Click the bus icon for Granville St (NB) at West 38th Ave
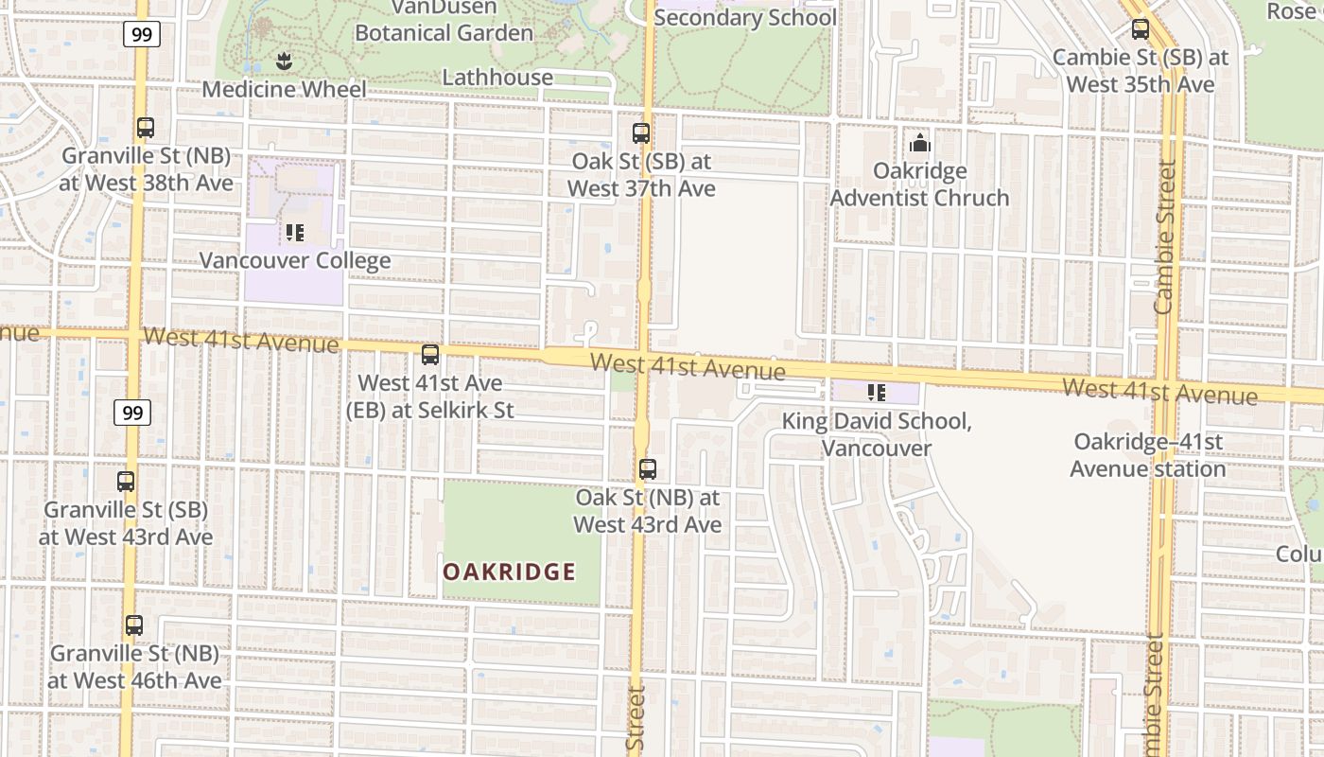pyautogui.click(x=146, y=128)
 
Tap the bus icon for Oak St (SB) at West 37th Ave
pyautogui.click(x=641, y=133)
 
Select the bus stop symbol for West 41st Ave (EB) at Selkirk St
pyautogui.click(x=430, y=355)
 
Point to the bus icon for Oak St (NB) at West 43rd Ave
pyautogui.click(x=648, y=469)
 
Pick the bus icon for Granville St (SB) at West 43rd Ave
pyautogui.click(x=126, y=482)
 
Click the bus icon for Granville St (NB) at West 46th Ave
pyautogui.click(x=134, y=625)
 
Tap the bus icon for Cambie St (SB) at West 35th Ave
pyautogui.click(x=1141, y=29)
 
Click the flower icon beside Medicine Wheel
pyautogui.click(x=283, y=62)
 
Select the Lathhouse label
pyautogui.click(x=497, y=78)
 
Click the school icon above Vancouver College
pyautogui.click(x=294, y=232)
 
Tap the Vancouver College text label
pyautogui.click(x=295, y=260)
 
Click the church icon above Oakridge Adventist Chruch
pyautogui.click(x=919, y=144)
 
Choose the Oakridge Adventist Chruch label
pyautogui.click(x=920, y=185)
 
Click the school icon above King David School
pyautogui.click(x=877, y=392)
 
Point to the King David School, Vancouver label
pyautogui.click(x=877, y=434)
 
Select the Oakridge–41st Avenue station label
pyautogui.click(x=1148, y=455)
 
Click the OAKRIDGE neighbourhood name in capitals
pyautogui.click(x=510, y=572)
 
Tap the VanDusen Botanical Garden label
pyautogui.click(x=443, y=21)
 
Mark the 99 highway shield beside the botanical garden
pyautogui.click(x=141, y=35)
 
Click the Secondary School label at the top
pyautogui.click(x=745, y=17)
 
